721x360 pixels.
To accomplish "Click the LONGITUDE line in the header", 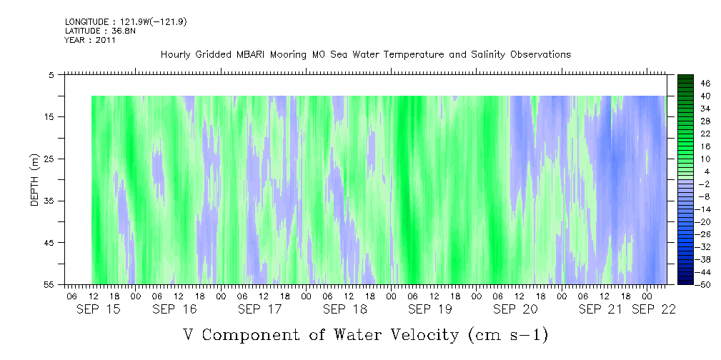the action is (126, 21).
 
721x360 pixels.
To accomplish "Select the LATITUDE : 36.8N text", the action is (100, 31).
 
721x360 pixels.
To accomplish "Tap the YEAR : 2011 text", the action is (90, 40).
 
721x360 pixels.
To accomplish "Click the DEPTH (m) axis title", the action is (35, 179).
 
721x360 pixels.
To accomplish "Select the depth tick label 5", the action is (51, 75).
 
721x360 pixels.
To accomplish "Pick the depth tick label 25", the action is (48, 159).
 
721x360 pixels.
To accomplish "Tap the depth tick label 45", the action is (48, 243).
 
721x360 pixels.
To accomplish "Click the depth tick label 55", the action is (48, 284).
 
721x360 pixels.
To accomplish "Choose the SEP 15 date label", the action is (99, 309).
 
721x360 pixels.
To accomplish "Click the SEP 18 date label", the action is (345, 309).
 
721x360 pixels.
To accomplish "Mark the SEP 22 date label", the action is (653, 309).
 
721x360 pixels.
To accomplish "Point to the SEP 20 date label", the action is (515, 309).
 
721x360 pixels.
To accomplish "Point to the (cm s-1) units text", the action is (508, 335).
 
